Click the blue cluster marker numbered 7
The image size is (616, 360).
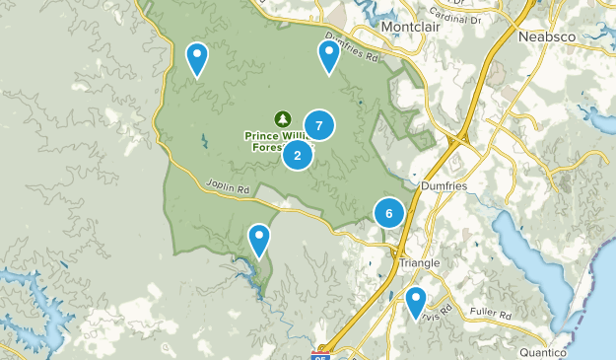point(318,124)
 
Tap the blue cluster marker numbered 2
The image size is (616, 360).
point(297,155)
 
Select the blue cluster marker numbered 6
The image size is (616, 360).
point(389,213)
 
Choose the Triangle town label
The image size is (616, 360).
point(419,263)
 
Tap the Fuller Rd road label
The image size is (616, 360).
point(491,316)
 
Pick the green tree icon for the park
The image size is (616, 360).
point(281,118)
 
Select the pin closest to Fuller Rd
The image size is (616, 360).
point(415,301)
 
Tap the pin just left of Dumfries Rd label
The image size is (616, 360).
point(328,57)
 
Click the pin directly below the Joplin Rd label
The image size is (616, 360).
point(259,240)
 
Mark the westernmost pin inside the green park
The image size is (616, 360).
point(197,59)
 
